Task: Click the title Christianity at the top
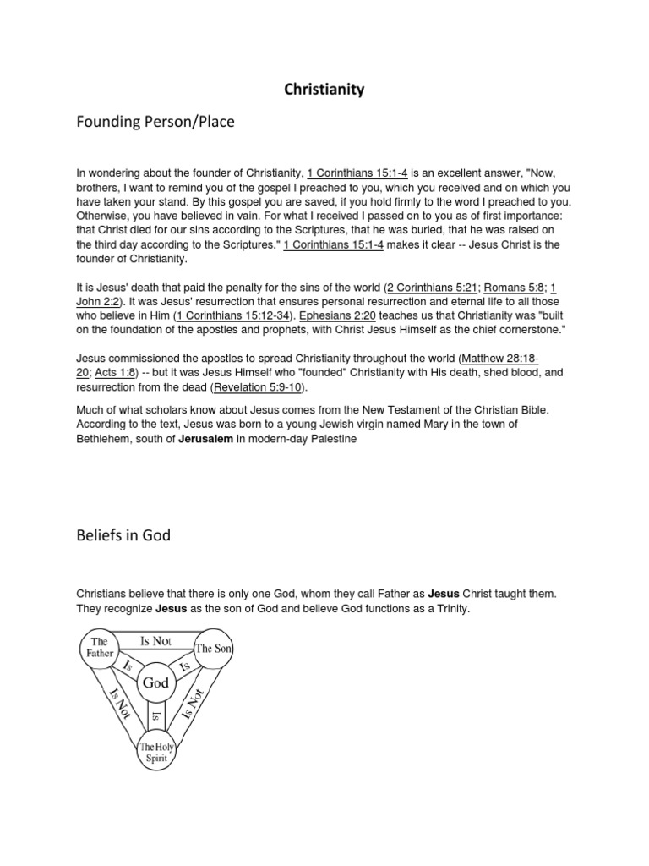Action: (x=324, y=90)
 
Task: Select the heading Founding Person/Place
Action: (x=155, y=123)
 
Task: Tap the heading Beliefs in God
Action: (x=123, y=536)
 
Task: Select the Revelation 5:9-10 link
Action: (x=261, y=387)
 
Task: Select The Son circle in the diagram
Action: (x=214, y=649)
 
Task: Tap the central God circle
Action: (x=156, y=682)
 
